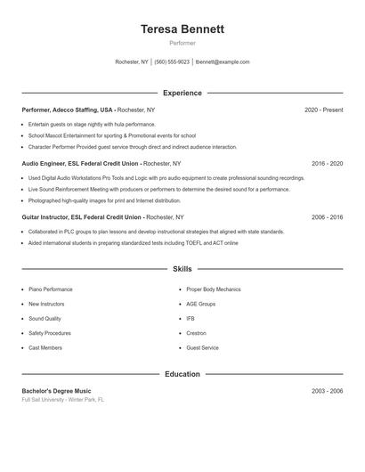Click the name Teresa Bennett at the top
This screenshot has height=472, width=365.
(182, 29)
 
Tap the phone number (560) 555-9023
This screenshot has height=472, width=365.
(172, 62)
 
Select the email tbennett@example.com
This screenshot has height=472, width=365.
(223, 62)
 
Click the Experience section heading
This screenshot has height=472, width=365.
(182, 93)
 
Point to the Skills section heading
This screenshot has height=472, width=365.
(182, 269)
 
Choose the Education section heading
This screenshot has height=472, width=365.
(182, 374)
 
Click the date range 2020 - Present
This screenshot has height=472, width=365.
(323, 110)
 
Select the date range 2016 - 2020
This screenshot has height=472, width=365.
(327, 164)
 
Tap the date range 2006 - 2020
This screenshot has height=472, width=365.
(327, 217)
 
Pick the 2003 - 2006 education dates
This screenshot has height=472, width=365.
(327, 391)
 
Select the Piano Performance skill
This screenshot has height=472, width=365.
(51, 289)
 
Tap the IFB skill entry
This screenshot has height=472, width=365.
(191, 319)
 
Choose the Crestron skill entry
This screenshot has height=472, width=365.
(196, 333)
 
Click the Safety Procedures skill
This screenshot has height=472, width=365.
(50, 333)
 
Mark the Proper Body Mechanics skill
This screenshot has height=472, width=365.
(214, 289)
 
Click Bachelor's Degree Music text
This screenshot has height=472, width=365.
(56, 391)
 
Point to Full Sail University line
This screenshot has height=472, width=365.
(63, 400)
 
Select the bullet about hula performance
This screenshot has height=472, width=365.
(91, 125)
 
